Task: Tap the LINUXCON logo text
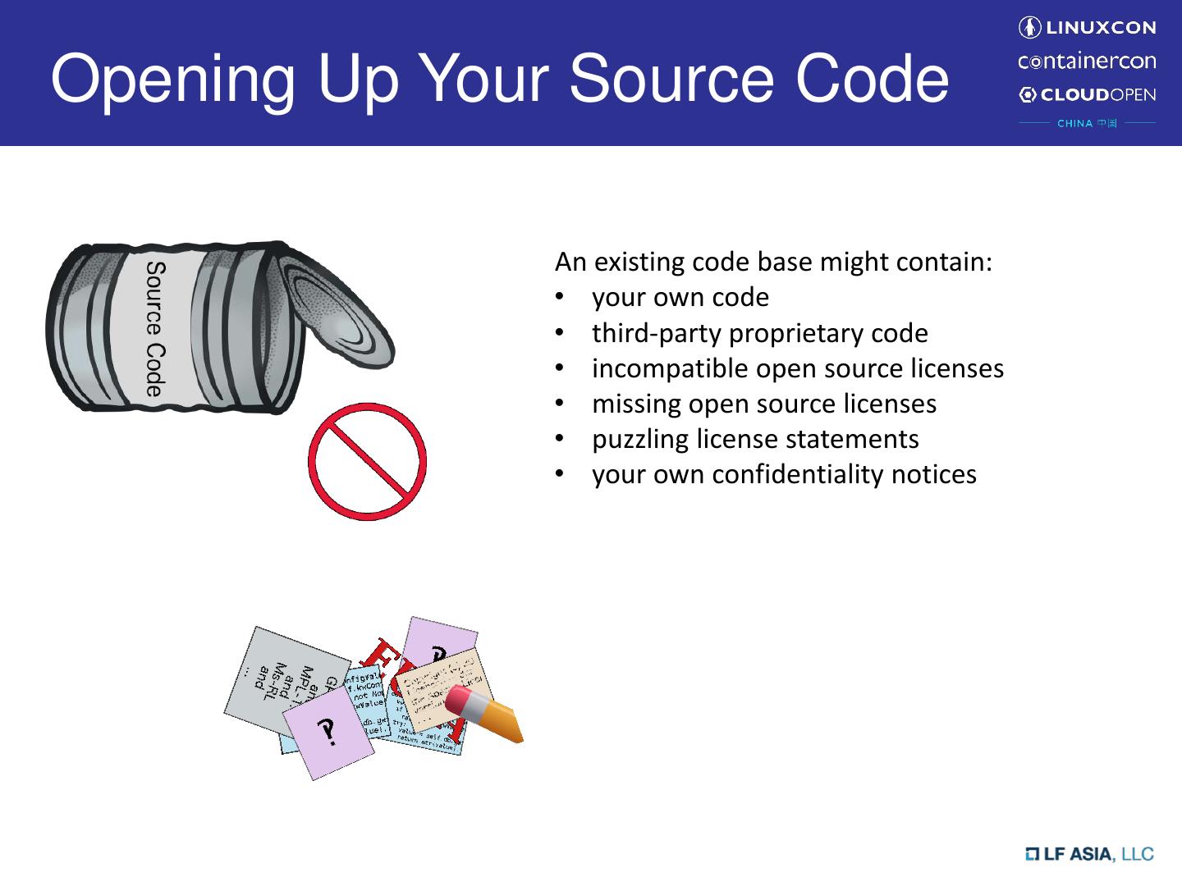tap(1099, 28)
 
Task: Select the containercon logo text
tap(1087, 62)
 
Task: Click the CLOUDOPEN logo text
tap(1098, 94)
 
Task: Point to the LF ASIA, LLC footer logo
tap(1089, 854)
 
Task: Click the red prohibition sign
tap(368, 461)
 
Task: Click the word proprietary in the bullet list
tap(795, 333)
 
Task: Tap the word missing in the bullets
tap(636, 404)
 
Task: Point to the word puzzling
tap(640, 439)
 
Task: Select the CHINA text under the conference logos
tap(1074, 124)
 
